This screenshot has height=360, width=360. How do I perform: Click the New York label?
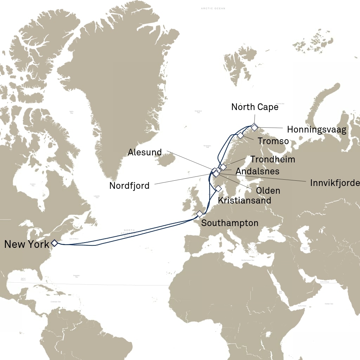[x=27, y=244]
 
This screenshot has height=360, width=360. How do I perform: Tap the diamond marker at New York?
[x=54, y=243]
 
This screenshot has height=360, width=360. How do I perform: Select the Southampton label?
[x=230, y=223]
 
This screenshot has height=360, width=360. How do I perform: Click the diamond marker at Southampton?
[x=200, y=214]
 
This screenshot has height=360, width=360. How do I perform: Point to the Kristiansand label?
[x=245, y=200]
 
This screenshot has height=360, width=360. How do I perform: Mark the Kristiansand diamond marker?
[x=218, y=188]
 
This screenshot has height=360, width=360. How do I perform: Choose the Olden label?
[x=268, y=191]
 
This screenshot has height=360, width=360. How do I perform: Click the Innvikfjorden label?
[x=335, y=183]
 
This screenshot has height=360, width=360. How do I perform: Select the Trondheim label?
[x=272, y=159]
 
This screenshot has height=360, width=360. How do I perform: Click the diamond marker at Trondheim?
[x=223, y=167]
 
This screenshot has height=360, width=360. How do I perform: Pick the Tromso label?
[x=273, y=141]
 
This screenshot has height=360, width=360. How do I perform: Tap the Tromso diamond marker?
[x=240, y=135]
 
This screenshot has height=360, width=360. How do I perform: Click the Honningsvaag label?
[x=316, y=130]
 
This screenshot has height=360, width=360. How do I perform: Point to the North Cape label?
[x=255, y=107]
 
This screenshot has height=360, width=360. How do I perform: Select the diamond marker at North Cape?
[x=254, y=127]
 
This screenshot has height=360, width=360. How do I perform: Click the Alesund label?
[x=145, y=152]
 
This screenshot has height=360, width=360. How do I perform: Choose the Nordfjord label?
[x=129, y=186]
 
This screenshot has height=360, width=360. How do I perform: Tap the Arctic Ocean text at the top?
[x=213, y=8]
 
